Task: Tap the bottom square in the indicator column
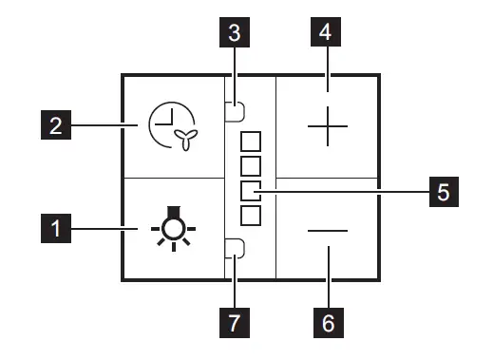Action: tap(251, 216)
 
